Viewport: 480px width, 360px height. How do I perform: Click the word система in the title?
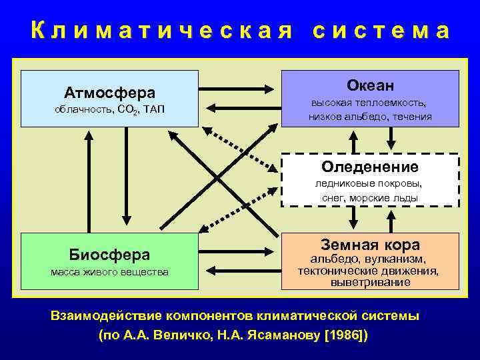coord(381,31)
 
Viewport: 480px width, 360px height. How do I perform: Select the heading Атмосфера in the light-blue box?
coord(109,92)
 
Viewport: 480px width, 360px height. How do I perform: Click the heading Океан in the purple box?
coord(370,85)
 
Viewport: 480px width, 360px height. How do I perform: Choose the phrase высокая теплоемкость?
coord(370,103)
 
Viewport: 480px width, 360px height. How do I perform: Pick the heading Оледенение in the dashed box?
coord(370,167)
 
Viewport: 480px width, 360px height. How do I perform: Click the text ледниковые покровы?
coord(370,184)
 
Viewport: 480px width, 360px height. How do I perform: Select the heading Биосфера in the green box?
coord(109,254)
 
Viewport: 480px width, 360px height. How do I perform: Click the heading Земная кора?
coord(370,244)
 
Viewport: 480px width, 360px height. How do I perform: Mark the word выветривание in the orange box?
coord(370,282)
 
